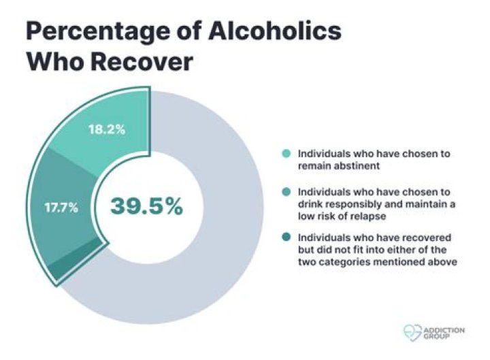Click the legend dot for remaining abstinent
[x=286, y=154]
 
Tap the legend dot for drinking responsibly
[x=286, y=193]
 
